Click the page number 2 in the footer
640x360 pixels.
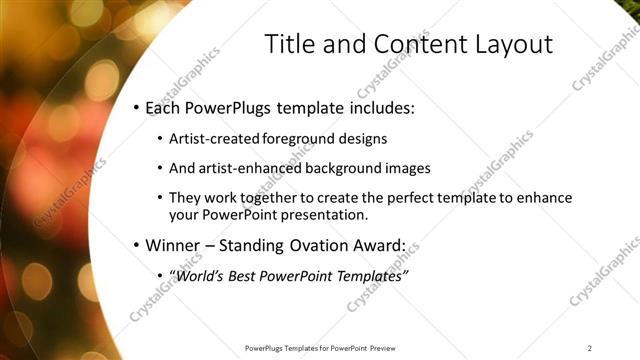pyautogui.click(x=590, y=347)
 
